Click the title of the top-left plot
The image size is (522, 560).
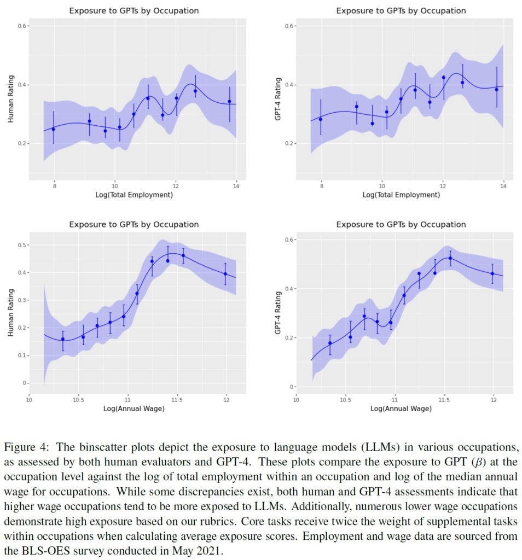(x=134, y=11)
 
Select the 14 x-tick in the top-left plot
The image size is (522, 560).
(x=236, y=186)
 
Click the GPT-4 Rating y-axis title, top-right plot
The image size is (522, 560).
(x=278, y=99)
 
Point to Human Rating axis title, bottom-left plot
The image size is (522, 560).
(x=11, y=312)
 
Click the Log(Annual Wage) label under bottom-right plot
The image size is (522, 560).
(x=401, y=408)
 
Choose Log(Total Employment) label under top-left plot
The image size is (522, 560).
(x=134, y=195)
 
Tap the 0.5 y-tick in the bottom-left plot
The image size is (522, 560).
(x=22, y=245)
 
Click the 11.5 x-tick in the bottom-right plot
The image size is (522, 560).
(x=444, y=400)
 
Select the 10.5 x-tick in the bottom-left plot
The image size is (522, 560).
(x=78, y=400)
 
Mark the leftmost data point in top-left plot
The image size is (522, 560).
(x=54, y=129)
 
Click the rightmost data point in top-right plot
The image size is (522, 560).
(x=497, y=90)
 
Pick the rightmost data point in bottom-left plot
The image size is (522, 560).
(x=225, y=274)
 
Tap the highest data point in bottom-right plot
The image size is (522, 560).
(x=450, y=258)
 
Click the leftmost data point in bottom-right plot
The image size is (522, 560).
(x=330, y=343)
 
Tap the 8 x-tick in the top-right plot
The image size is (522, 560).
(x=322, y=186)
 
